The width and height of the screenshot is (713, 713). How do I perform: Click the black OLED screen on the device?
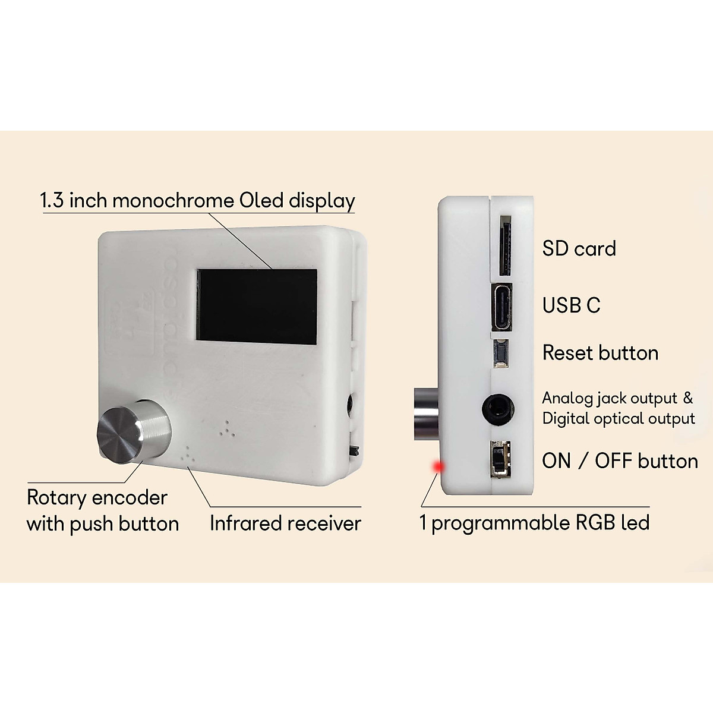(x=257, y=305)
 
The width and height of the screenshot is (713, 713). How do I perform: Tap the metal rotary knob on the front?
(x=132, y=431)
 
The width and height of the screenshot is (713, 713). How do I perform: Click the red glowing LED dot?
(x=438, y=467)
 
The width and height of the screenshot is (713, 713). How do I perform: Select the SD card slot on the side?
(x=504, y=246)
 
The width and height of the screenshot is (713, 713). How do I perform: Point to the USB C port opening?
(x=502, y=307)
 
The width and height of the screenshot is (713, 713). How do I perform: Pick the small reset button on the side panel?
(x=501, y=353)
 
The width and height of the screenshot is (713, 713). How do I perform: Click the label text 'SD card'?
(x=579, y=248)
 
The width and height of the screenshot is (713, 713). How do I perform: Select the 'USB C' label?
(x=571, y=305)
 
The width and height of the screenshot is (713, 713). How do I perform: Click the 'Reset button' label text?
(x=600, y=353)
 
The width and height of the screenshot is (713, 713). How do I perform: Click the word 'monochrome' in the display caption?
(x=173, y=201)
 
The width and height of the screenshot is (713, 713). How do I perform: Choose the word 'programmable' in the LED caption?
(x=501, y=523)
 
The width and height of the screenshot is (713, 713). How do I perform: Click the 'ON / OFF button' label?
(x=620, y=461)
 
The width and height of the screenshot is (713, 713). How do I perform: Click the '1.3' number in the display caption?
(x=52, y=201)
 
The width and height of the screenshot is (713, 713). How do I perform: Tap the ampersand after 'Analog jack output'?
(x=687, y=397)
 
